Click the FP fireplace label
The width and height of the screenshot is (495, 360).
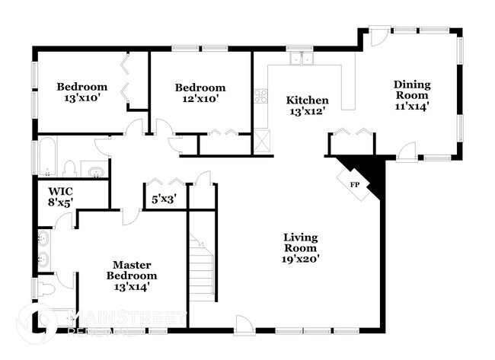click(354, 185)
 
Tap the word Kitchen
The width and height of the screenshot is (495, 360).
click(307, 100)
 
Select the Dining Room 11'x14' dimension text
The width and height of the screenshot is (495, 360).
click(412, 107)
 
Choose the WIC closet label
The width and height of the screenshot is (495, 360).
click(60, 191)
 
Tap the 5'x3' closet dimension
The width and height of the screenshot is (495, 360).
click(164, 200)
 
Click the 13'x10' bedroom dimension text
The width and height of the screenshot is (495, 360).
click(82, 98)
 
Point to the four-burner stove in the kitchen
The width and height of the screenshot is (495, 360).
click(260, 97)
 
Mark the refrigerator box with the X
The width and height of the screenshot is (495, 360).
click(263, 142)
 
